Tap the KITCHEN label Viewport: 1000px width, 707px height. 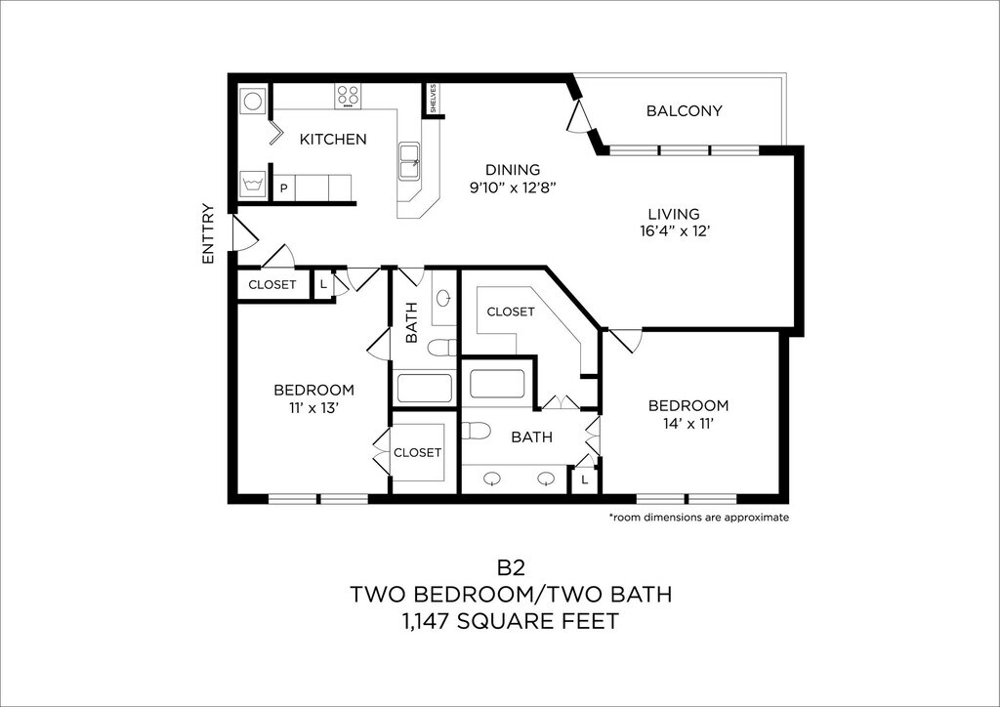(333, 139)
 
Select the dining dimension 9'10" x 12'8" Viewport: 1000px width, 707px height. (513, 187)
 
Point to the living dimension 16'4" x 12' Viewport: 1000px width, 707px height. (674, 231)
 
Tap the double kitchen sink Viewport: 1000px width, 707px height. (409, 161)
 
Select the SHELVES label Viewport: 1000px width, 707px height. (433, 99)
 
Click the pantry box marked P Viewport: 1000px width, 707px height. (284, 188)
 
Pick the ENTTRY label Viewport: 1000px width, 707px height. (207, 234)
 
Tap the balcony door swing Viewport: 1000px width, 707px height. (579, 115)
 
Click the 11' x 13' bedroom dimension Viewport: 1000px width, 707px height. (312, 408)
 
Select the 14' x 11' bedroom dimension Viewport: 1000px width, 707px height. (687, 423)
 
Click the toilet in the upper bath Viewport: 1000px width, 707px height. (442, 348)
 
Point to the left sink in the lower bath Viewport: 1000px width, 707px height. (493, 479)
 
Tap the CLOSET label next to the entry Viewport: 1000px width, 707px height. (272, 284)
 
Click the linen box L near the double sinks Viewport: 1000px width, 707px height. (585, 479)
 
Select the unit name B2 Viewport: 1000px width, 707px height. (511, 566)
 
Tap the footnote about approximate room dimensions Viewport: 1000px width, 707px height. (699, 517)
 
